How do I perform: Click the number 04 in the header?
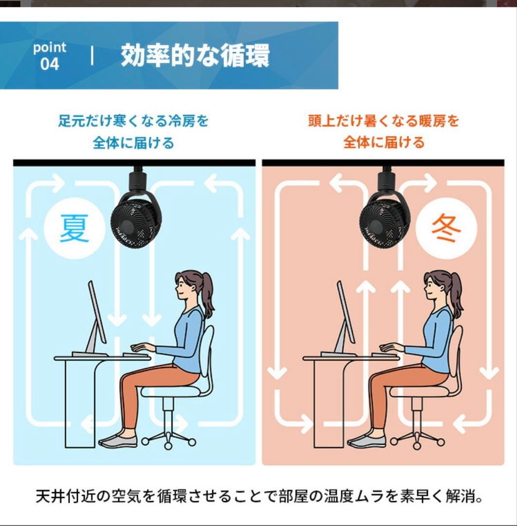(x=49, y=64)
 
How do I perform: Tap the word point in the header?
(x=49, y=48)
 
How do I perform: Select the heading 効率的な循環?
(x=195, y=56)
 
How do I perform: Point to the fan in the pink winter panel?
(x=384, y=222)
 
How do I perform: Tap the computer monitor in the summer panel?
(x=96, y=314)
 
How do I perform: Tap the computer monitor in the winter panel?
(x=345, y=314)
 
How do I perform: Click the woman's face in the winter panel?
(x=431, y=288)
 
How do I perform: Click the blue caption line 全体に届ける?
(x=133, y=143)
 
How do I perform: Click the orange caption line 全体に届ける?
(x=384, y=143)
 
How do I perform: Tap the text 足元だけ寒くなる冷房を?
(x=133, y=120)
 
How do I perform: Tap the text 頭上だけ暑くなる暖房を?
(x=384, y=120)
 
